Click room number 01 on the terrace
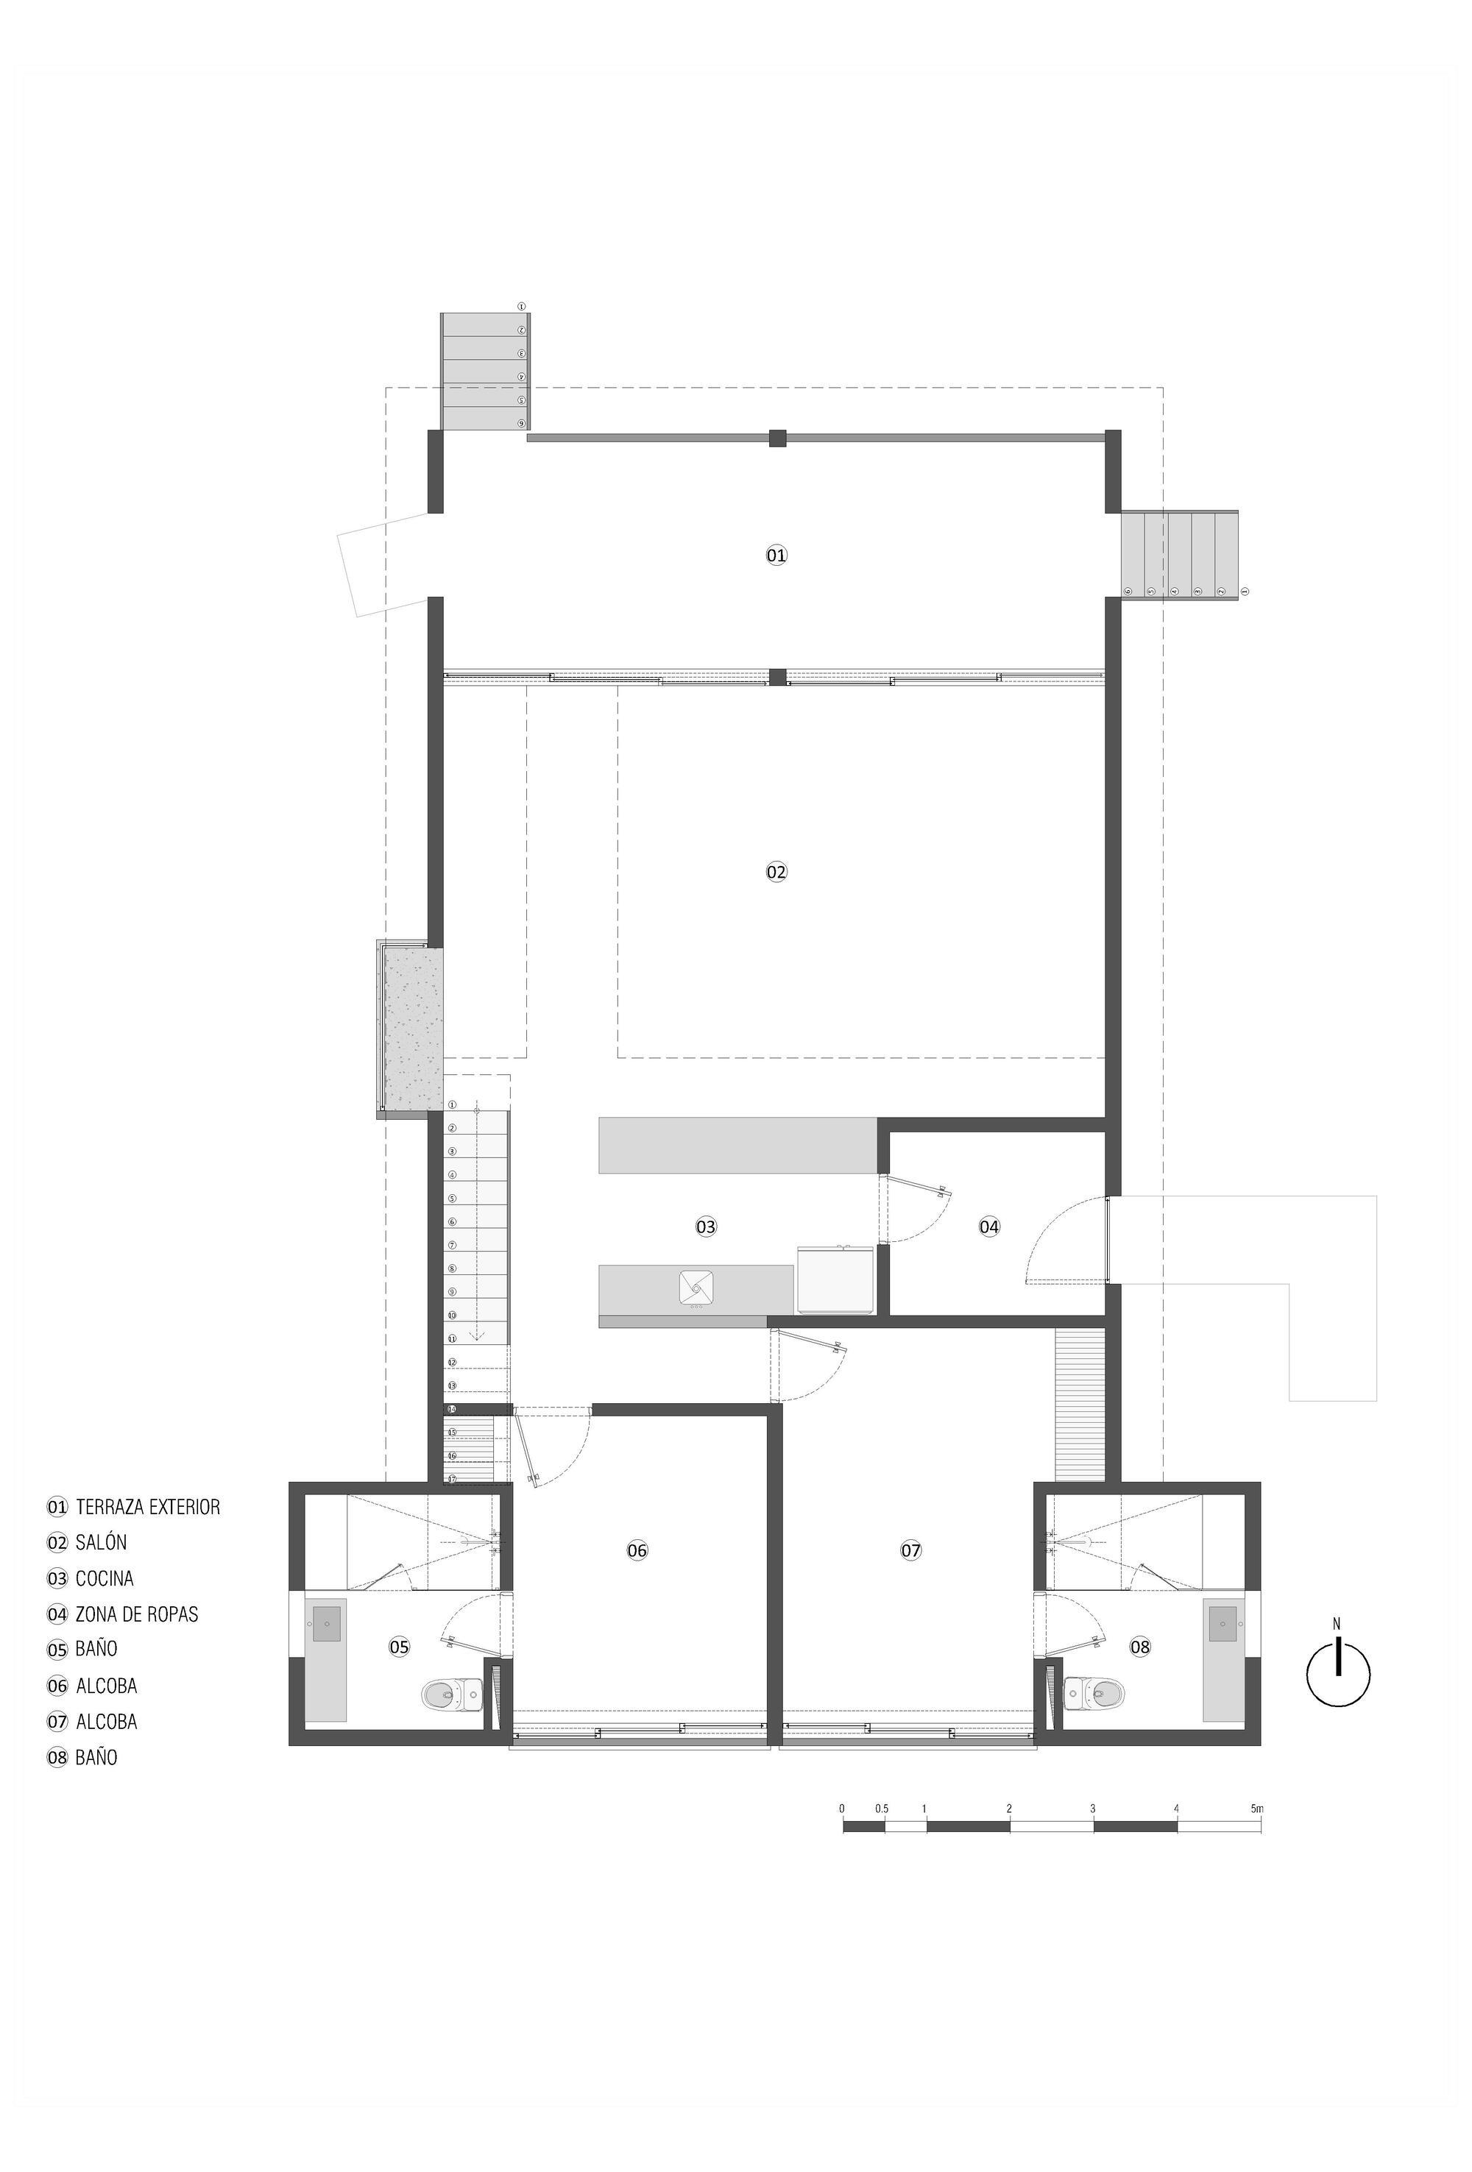pyautogui.click(x=776, y=556)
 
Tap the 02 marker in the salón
pyautogui.click(x=776, y=872)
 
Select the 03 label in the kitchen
pyautogui.click(x=706, y=1227)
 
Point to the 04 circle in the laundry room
pyautogui.click(x=988, y=1227)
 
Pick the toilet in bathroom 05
pyautogui.click(x=450, y=1692)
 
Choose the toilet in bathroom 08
pyautogui.click(x=1094, y=1691)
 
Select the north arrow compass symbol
pyautogui.click(x=1337, y=1674)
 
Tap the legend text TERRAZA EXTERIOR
pyautogui.click(x=148, y=1508)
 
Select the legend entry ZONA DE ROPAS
pyautogui.click(x=136, y=1614)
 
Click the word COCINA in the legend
pyautogui.click(x=105, y=1578)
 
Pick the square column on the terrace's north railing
pyautogui.click(x=778, y=437)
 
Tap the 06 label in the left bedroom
pyautogui.click(x=637, y=1550)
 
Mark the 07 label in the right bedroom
pyautogui.click(x=910, y=1550)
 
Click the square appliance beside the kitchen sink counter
pyautogui.click(x=835, y=1280)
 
